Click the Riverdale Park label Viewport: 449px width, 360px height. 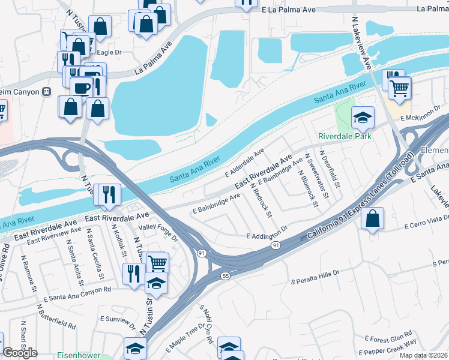[345, 136]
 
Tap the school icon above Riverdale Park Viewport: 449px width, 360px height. [363, 117]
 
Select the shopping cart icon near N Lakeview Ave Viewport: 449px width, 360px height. [399, 88]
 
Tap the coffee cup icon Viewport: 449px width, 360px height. [81, 88]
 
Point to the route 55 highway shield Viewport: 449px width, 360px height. [224, 275]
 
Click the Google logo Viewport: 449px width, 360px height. [20, 352]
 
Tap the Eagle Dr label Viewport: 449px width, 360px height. [110, 53]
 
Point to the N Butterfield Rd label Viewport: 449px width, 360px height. [56, 317]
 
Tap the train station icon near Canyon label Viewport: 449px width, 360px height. [46, 92]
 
